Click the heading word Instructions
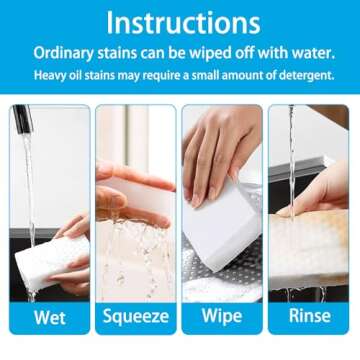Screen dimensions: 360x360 point(180,21)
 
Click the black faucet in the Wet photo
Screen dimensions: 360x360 point(22,119)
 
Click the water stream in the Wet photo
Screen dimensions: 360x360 point(29,190)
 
